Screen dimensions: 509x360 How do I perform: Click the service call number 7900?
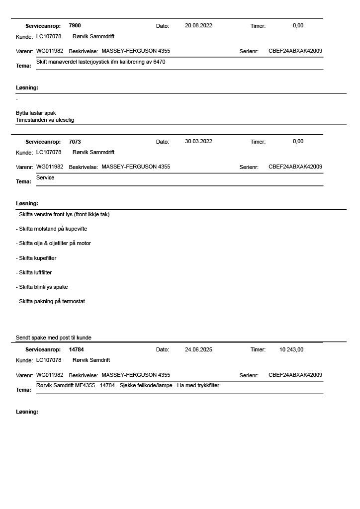(75, 25)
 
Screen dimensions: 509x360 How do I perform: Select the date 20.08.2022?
(198, 25)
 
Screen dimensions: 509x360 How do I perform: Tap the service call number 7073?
(75, 142)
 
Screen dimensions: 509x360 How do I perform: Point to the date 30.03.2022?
(198, 141)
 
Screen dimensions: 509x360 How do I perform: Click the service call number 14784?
(76, 349)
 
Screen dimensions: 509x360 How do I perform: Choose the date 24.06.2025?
(198, 349)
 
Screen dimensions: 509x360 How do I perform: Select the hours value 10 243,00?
(291, 349)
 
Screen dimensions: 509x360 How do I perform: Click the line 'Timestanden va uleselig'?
(45, 120)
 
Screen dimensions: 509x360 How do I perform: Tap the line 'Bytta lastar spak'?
(36, 113)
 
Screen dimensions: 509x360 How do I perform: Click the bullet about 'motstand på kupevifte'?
(53, 229)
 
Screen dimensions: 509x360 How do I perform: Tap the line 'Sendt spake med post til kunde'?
(54, 338)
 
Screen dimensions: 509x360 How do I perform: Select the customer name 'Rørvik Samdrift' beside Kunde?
(91, 360)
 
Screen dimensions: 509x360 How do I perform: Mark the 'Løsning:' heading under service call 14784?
(27, 412)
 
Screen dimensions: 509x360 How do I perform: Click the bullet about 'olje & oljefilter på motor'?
(55, 243)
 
